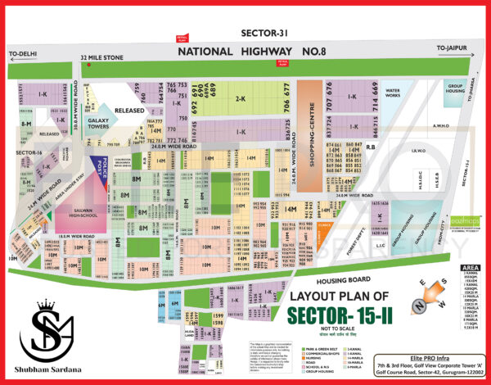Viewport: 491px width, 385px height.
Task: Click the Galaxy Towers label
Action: pyautogui.click(x=99, y=123)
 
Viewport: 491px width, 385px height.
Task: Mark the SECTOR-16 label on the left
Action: pyautogui.click(x=29, y=152)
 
